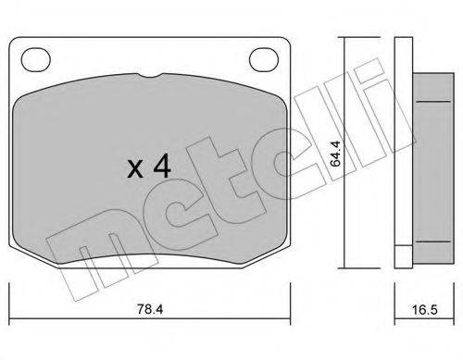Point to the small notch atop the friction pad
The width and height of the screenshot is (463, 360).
[151, 78]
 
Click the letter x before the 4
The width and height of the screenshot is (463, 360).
[134, 170]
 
